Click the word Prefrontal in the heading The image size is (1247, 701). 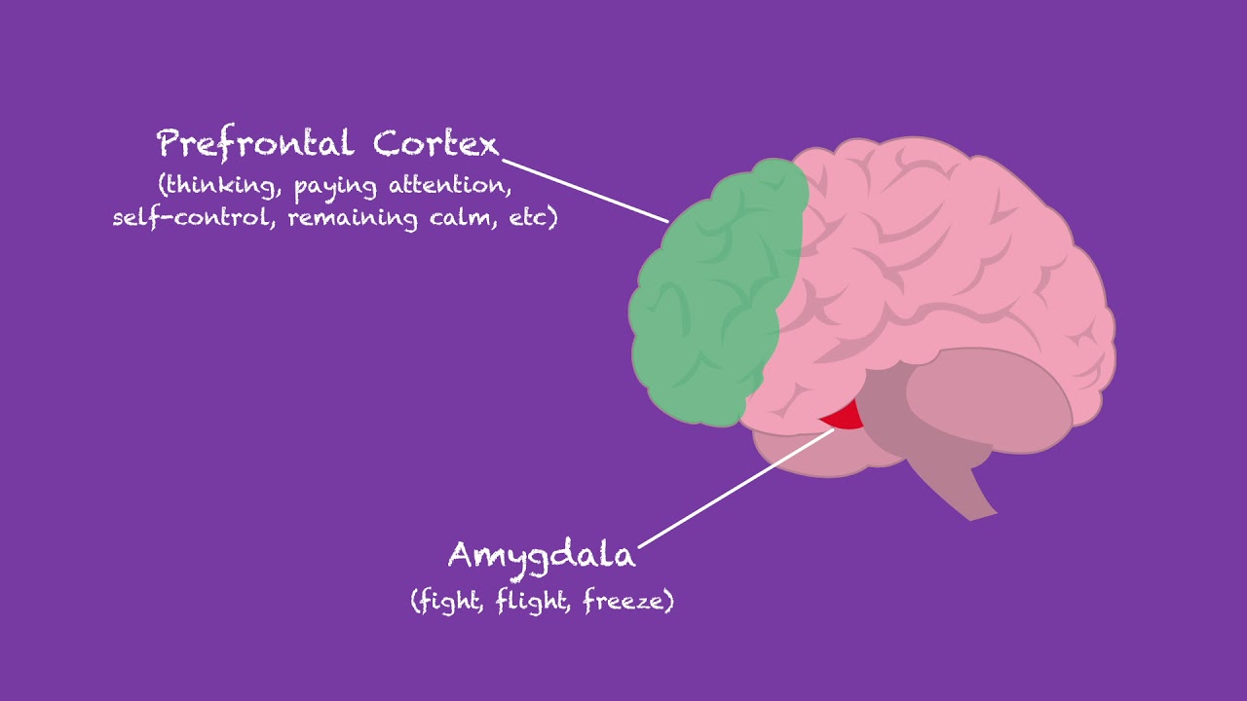[x=256, y=144]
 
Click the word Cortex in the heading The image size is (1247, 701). [x=435, y=144]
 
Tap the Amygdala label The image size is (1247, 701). [x=542, y=556]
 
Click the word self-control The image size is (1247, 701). [x=196, y=216]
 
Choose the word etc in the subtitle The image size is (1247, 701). [x=532, y=216]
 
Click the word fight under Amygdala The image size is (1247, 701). [x=449, y=601]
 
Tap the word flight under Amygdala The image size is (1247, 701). [x=534, y=601]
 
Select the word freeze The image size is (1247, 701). [x=625, y=601]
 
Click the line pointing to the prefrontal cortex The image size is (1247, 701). [x=585, y=191]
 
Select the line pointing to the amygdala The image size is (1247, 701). [x=736, y=487]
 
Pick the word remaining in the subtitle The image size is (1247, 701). [x=353, y=216]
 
